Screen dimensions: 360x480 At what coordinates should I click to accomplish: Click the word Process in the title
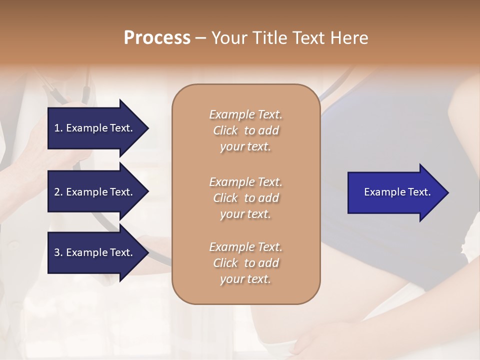coord(157,38)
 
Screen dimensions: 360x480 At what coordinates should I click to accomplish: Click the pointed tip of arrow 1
coord(147,128)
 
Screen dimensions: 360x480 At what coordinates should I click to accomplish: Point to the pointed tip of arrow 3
coord(147,252)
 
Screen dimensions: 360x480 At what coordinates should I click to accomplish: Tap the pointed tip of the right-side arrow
coord(447,192)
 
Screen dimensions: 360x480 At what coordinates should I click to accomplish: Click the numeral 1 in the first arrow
coord(57,128)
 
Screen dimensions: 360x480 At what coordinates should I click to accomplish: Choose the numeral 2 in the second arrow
coord(57,192)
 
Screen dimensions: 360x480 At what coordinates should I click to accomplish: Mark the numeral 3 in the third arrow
coord(57,252)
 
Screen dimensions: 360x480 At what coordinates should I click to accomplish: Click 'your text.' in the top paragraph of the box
coord(245,146)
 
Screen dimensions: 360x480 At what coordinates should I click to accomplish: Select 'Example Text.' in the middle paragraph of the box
coord(245,181)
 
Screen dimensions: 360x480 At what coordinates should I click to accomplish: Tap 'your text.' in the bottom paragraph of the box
coord(245,279)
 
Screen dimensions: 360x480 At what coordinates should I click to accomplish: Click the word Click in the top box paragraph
coord(225,130)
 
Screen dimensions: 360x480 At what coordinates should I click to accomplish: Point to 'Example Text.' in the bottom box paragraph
coord(245,247)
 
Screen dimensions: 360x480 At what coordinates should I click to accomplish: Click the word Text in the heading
coord(307,38)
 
